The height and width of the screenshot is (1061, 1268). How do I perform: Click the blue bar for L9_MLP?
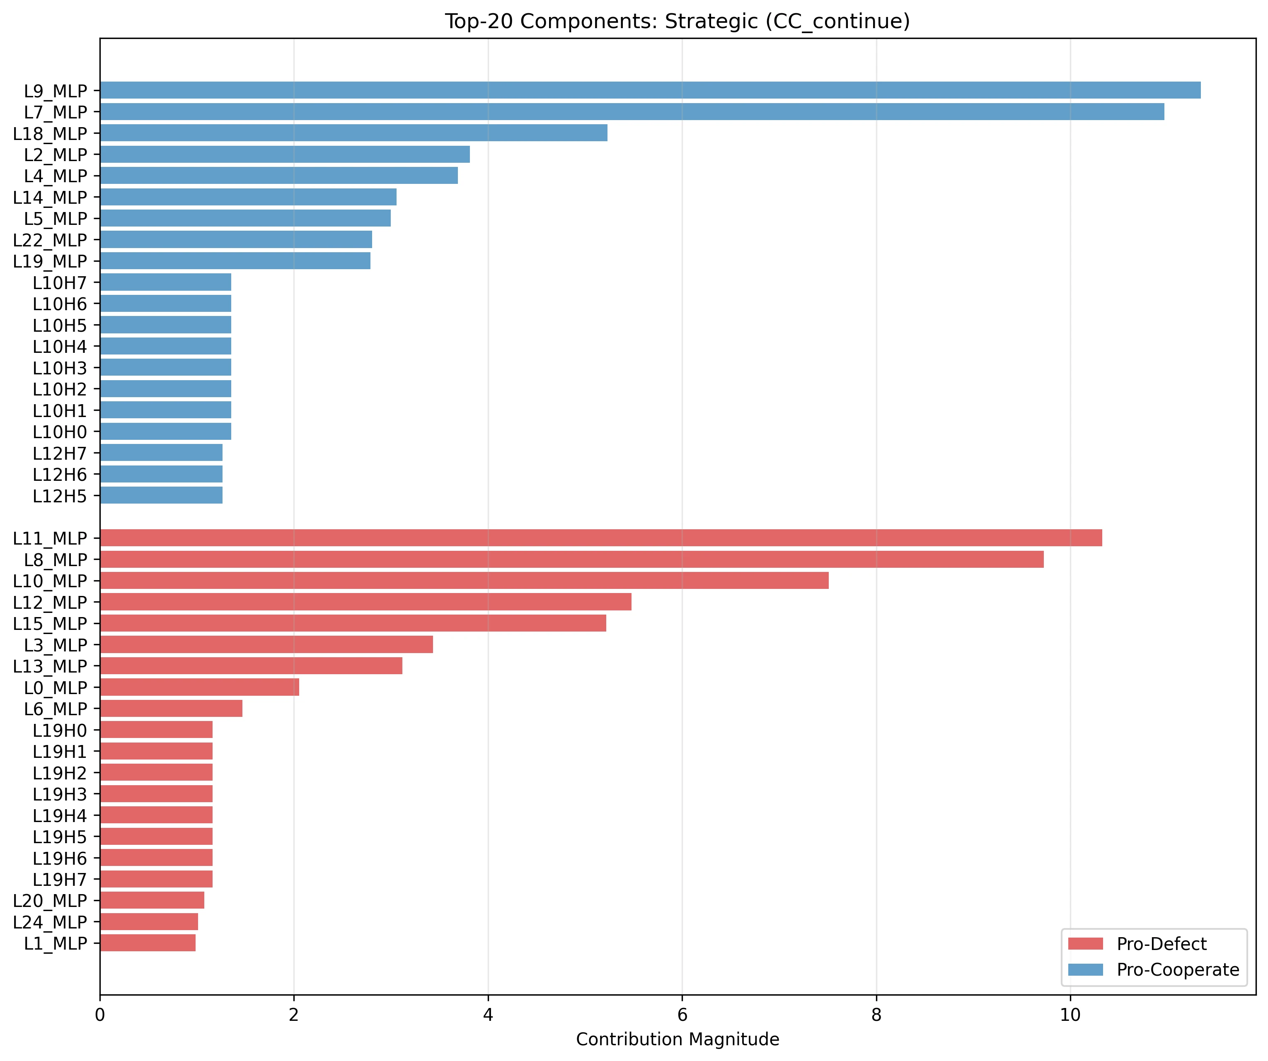point(650,90)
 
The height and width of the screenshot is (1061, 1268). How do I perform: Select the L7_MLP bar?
point(632,112)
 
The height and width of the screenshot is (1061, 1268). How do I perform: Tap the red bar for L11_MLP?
point(601,538)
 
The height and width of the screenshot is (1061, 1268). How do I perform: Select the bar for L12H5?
point(161,495)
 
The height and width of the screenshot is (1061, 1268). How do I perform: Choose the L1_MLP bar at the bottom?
point(148,943)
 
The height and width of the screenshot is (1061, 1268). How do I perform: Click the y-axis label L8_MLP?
point(56,560)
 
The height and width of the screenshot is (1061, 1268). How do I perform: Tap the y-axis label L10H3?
point(60,368)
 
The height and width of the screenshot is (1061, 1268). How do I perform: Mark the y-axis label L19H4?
point(60,816)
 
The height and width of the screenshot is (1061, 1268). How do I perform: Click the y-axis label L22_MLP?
point(50,240)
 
